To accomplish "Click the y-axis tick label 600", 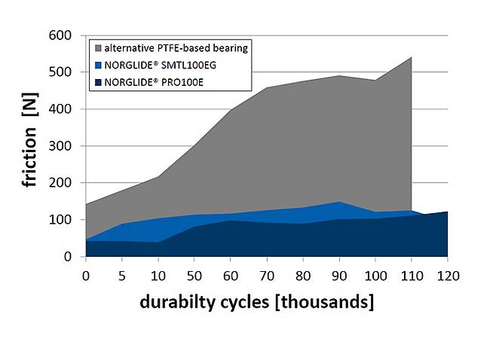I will tap(62, 35).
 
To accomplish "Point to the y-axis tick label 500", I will tap(62, 72).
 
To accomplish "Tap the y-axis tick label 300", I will tap(62, 146).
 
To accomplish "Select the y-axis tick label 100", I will tap(62, 220).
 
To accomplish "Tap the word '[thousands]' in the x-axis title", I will tap(326, 303).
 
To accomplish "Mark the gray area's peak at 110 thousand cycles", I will tap(412, 57).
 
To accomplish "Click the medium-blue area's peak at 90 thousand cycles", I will tap(340, 202).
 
